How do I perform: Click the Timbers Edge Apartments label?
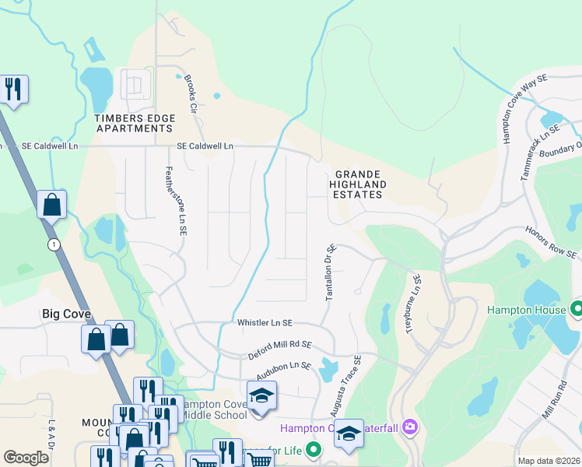tap(135, 123)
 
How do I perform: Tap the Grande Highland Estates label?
tap(359, 184)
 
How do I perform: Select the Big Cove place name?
tap(66, 314)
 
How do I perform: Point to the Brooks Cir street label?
tap(189, 96)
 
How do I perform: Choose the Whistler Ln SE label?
tap(265, 322)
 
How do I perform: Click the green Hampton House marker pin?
tap(577, 309)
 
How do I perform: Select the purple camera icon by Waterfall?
tap(409, 427)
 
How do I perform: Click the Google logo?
tap(26, 458)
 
